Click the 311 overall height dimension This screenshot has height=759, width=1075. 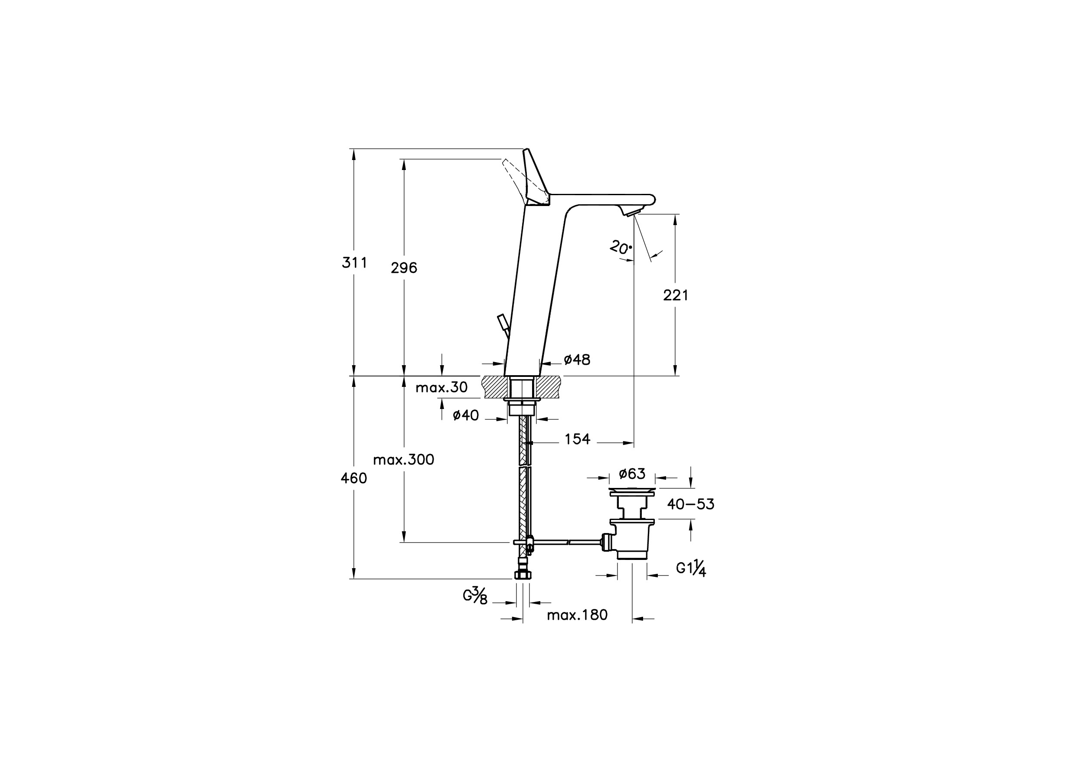point(354,263)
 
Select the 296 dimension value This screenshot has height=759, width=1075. point(404,268)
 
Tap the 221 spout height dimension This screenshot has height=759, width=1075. point(676,295)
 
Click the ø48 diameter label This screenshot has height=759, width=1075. point(577,360)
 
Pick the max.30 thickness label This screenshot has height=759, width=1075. point(441,387)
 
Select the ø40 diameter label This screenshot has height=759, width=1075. point(466,415)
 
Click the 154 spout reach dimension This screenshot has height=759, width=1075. point(577,439)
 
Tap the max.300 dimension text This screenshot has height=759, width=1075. point(404,459)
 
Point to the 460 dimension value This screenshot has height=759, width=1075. point(354,478)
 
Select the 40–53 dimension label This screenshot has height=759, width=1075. point(691,504)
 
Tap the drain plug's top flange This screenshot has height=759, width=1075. point(632,492)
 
